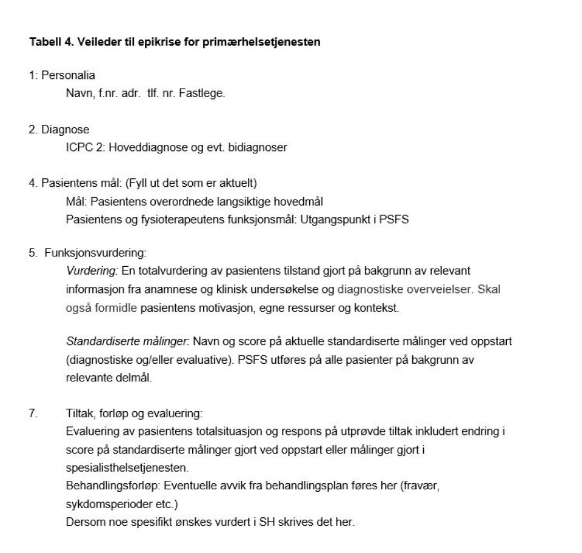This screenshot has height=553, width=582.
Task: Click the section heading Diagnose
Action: tap(65, 129)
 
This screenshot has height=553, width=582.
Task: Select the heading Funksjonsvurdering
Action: tap(95, 252)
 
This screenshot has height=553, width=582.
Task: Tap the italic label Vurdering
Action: tap(92, 271)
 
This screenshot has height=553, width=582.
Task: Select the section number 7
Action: tap(33, 414)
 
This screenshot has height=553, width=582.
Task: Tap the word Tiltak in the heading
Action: tap(78, 414)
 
